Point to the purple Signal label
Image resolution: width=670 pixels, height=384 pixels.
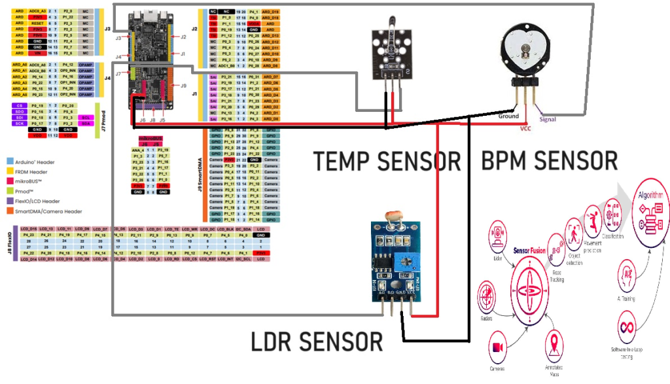coord(548,119)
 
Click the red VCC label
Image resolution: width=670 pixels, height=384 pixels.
coord(525,128)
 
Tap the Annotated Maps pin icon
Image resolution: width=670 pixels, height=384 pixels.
coord(555,345)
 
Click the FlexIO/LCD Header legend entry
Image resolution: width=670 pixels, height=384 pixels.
coord(37,201)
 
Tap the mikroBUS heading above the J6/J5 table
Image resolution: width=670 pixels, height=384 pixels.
coord(150,139)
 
